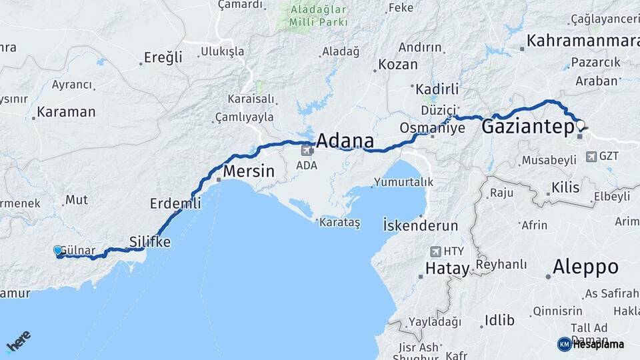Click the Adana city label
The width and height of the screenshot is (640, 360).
coord(344,141)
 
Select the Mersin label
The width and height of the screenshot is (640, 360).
coord(248,171)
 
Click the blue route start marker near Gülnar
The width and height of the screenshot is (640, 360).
coord(58,251)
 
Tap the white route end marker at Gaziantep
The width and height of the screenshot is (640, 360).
coord(580,125)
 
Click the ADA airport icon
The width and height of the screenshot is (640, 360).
coord(306,150)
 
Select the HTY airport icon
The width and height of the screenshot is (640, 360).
coord(435,251)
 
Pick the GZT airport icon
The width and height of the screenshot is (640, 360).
coord(591,157)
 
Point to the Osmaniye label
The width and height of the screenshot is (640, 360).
coord(432,127)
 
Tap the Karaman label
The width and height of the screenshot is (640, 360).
coord(66,112)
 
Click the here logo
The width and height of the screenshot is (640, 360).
coord(18,341)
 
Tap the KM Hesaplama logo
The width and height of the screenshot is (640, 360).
coord(591,344)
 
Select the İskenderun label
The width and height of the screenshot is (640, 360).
coord(421,225)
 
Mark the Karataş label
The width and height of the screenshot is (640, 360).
coord(339,223)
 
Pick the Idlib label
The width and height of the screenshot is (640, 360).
coord(499,320)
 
